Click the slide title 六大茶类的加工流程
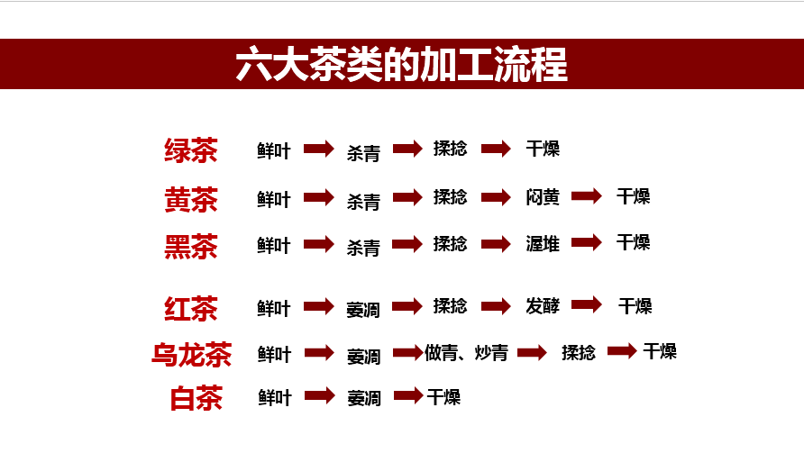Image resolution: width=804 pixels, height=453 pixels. (401, 66)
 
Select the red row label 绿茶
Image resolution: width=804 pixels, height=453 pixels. (191, 150)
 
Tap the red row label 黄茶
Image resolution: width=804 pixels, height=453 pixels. (191, 199)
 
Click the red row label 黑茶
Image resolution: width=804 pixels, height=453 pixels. (191, 245)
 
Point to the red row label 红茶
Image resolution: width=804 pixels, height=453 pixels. (191, 309)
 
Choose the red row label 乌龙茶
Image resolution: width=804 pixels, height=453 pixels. (191, 354)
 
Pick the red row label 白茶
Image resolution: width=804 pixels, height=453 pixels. (196, 398)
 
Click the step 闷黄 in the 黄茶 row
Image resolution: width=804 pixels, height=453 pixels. (543, 197)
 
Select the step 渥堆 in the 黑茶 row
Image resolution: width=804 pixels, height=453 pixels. (543, 243)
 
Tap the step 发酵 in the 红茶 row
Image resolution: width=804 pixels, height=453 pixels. (543, 307)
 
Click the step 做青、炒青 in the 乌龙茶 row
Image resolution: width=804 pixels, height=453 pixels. (466, 353)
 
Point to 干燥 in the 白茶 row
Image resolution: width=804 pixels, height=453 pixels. (443, 397)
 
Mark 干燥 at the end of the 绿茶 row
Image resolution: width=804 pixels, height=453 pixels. (543, 149)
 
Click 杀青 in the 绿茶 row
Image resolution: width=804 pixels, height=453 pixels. (363, 153)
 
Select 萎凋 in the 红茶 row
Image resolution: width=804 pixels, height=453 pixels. (363, 310)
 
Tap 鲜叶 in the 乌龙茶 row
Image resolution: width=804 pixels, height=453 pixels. (274, 354)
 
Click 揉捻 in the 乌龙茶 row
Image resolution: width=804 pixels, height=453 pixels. (578, 353)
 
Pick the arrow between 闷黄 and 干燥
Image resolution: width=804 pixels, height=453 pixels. (586, 195)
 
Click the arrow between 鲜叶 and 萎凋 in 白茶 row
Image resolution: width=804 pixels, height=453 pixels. (319, 395)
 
